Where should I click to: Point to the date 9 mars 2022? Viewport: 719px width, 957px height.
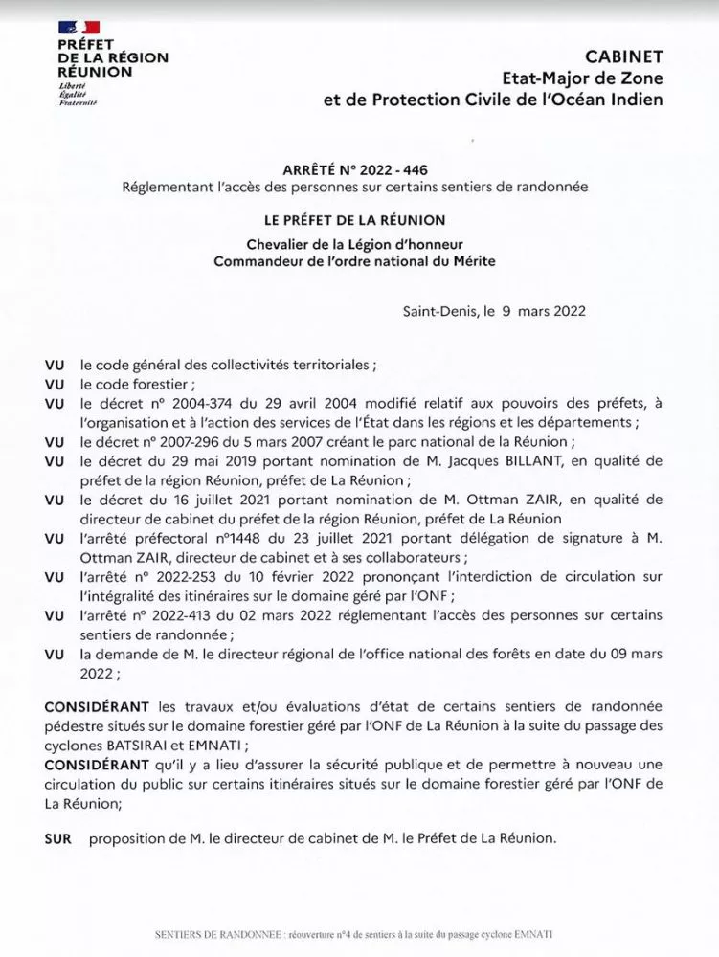click(537, 311)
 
